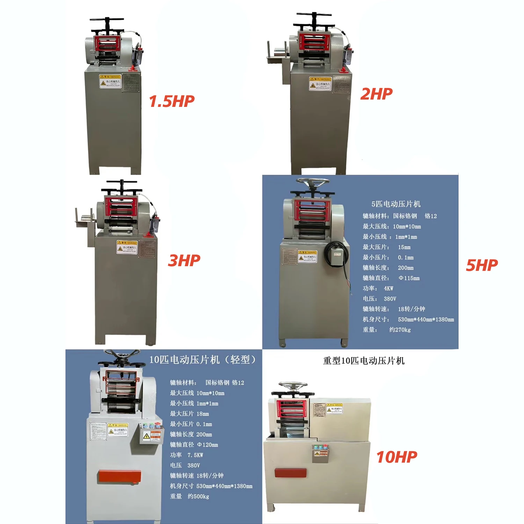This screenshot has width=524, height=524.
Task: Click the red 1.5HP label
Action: (x=172, y=101)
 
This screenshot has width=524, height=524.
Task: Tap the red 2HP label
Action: (x=376, y=94)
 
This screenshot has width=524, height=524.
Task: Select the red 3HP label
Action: (x=184, y=261)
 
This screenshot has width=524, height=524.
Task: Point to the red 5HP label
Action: (x=482, y=265)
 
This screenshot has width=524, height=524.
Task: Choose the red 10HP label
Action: (x=396, y=457)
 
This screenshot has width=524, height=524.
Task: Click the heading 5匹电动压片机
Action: (x=396, y=204)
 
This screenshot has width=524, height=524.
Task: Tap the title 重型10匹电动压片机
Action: (x=364, y=361)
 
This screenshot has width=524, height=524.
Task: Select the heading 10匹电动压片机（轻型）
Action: (x=203, y=360)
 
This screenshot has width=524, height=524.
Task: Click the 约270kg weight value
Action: (x=400, y=330)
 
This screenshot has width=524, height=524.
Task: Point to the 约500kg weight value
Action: (x=198, y=496)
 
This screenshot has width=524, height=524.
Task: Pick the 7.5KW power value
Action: (x=195, y=455)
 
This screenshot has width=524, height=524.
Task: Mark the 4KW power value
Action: (x=388, y=289)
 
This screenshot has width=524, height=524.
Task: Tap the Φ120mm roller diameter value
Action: (x=208, y=445)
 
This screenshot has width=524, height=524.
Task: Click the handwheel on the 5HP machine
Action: (x=312, y=183)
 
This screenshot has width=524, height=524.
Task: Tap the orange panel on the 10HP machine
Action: (x=290, y=473)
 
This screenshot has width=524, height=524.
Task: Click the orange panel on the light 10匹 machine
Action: (x=119, y=476)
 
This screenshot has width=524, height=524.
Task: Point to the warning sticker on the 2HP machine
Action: (x=320, y=84)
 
